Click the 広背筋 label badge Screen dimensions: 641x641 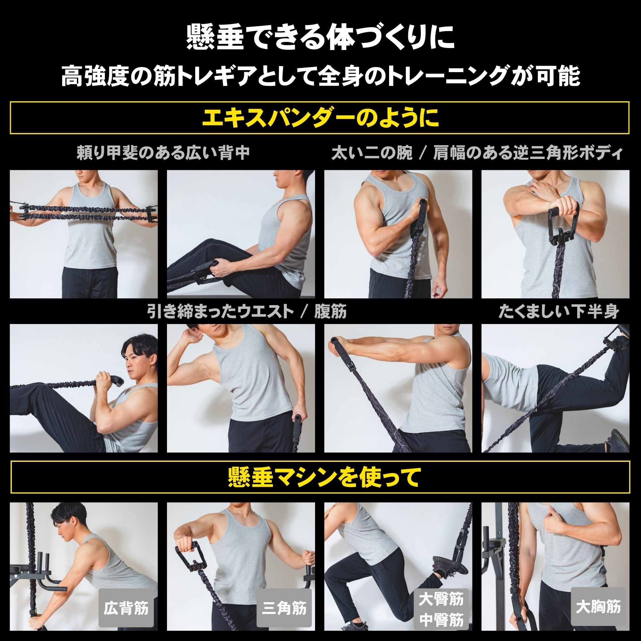126,609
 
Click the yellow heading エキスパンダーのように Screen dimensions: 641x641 320,118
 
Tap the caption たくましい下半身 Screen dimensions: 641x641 559,312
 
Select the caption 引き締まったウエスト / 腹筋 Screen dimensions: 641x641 247,312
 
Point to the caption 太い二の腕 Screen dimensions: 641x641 372,153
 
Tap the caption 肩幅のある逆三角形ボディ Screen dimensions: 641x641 527,153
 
